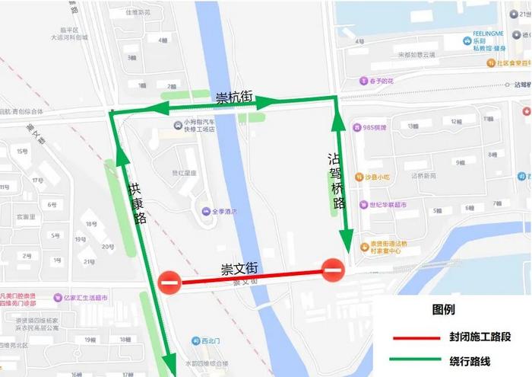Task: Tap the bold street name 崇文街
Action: point(240,269)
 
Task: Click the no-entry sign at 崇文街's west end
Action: point(169,283)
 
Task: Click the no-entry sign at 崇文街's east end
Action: point(333,270)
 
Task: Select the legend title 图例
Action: point(443,310)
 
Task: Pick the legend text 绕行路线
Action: point(471,360)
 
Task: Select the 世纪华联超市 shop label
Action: point(387,205)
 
